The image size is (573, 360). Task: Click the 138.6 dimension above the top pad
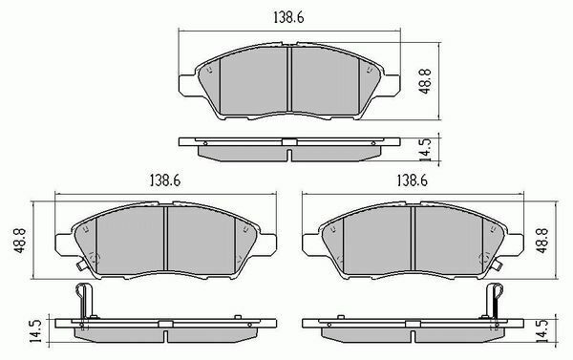point(288,17)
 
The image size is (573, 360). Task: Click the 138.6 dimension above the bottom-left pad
point(165,180)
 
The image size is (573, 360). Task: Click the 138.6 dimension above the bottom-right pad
point(413,180)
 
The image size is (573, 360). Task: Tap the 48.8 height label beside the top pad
point(426,81)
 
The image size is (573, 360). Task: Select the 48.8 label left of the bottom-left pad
point(19,241)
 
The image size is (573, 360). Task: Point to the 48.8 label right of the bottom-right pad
point(541,241)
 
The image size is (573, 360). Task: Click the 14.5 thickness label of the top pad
point(426,150)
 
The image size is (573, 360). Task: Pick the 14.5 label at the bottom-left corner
point(36,331)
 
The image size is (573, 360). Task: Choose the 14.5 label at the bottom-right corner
point(543,331)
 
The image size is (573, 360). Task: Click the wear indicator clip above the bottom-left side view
point(86,301)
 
